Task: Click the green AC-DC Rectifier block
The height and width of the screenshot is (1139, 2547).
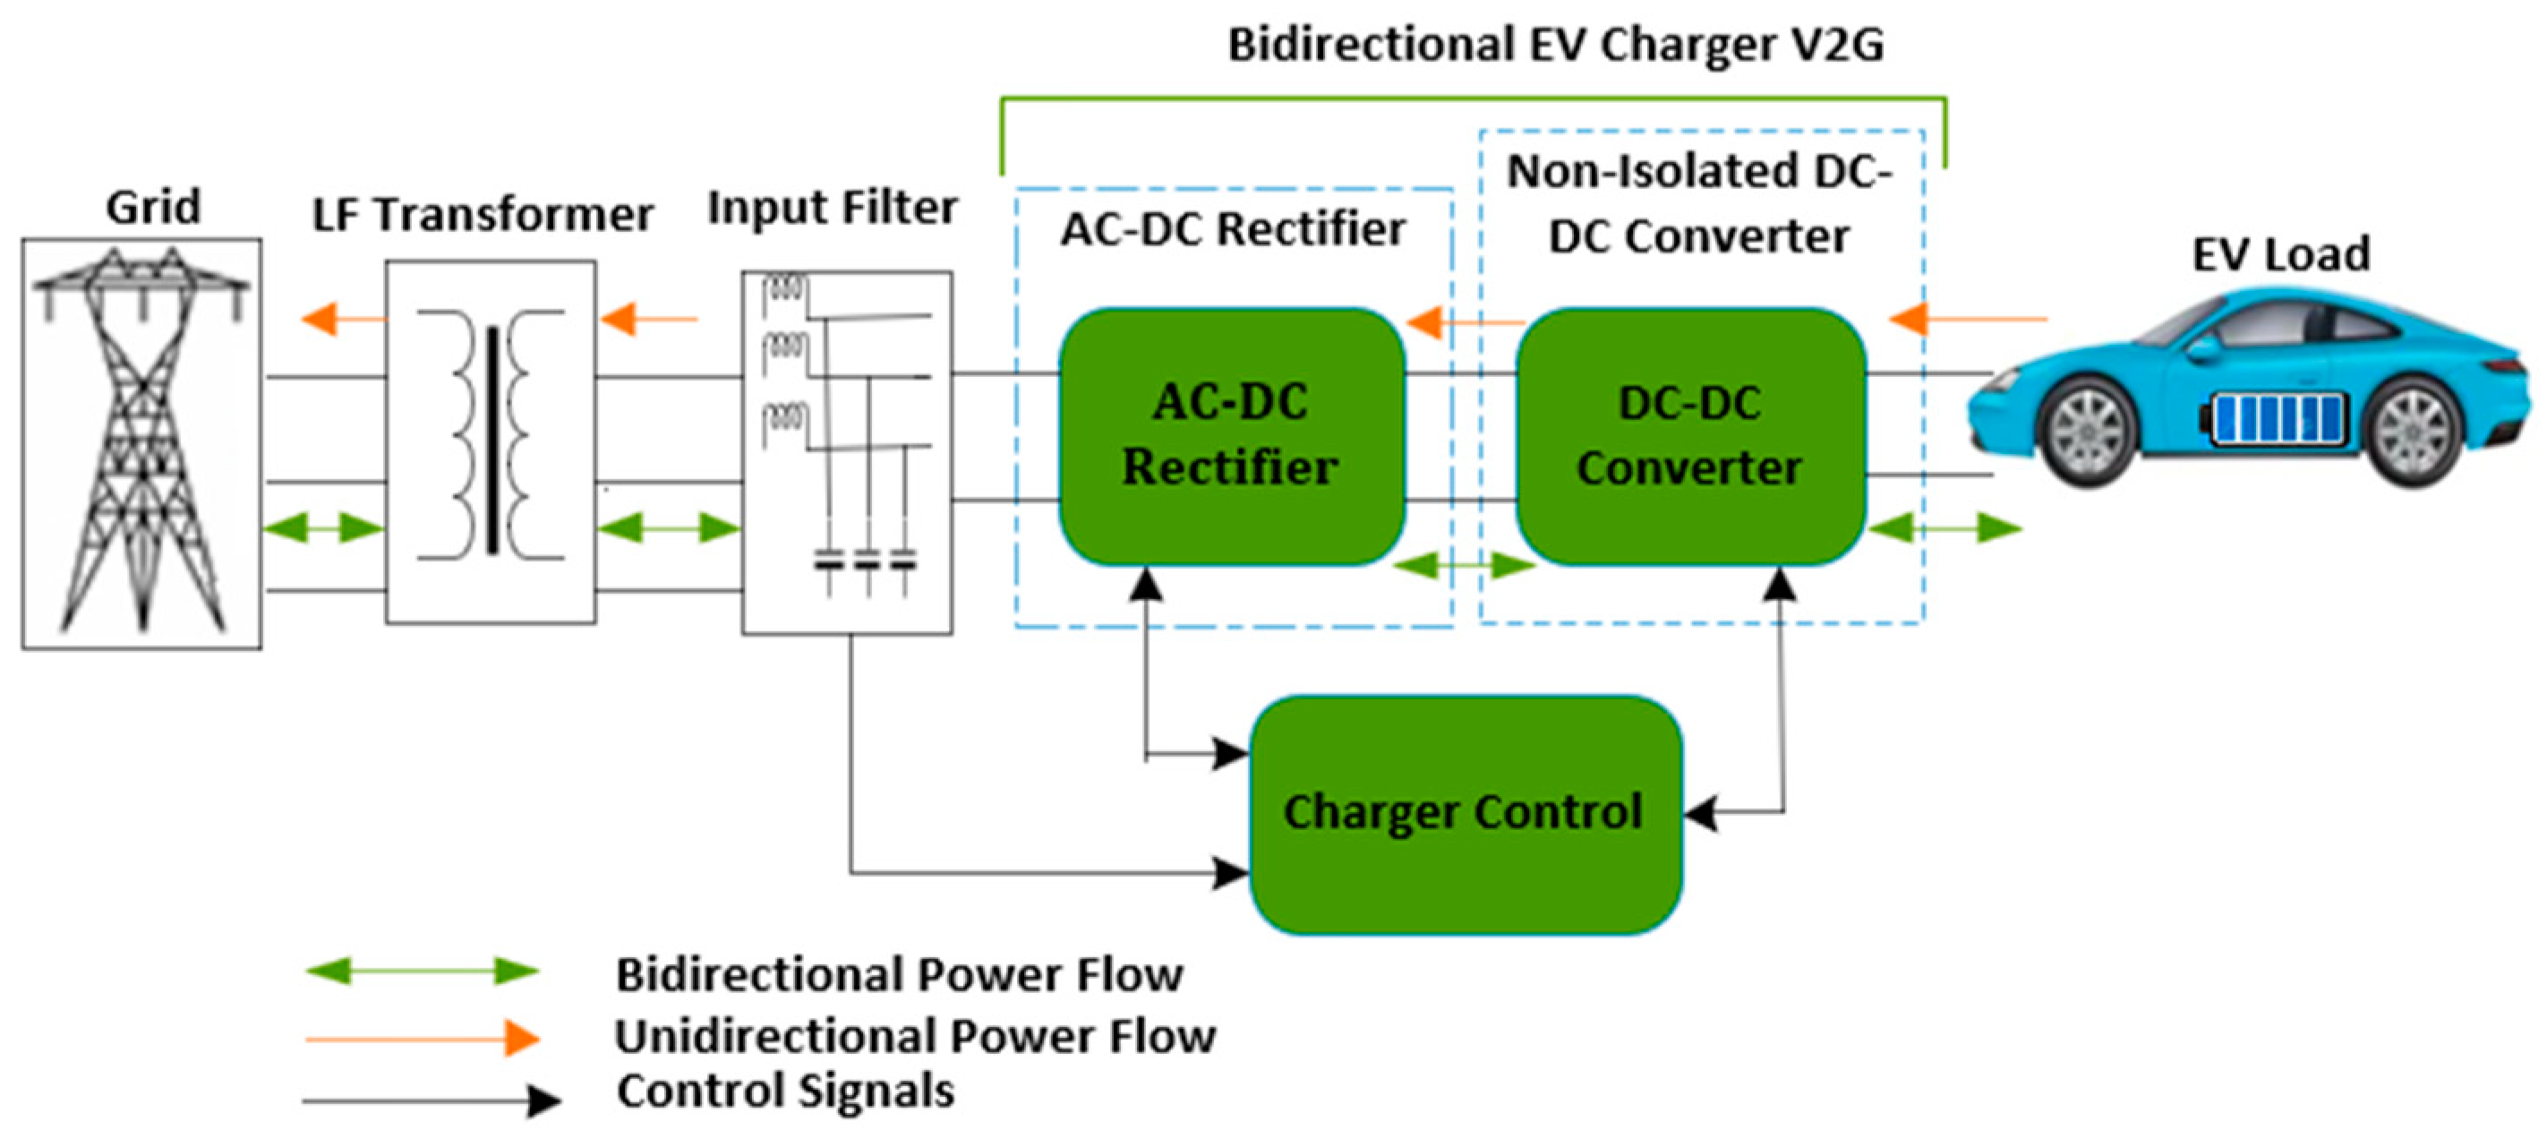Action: click(1231, 436)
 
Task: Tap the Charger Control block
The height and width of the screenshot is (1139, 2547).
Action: click(1465, 814)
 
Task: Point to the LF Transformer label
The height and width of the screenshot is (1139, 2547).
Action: click(483, 215)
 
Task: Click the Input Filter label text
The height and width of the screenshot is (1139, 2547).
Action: click(833, 208)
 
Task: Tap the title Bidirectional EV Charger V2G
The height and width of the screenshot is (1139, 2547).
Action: click(1555, 46)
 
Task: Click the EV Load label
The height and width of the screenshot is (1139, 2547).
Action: click(2280, 254)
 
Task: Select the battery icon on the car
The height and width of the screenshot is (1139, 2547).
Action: click(2275, 418)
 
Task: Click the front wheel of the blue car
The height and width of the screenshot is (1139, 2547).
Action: click(2089, 433)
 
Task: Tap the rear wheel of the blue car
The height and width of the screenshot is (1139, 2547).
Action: click(2414, 432)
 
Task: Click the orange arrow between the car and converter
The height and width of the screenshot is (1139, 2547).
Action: click(1967, 320)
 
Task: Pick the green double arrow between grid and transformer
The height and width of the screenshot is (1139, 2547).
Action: click(322, 528)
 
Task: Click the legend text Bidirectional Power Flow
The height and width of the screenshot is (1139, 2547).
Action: click(899, 975)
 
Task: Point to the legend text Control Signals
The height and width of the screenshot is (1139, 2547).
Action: click(786, 1092)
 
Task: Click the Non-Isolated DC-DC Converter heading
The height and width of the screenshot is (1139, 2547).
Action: click(1697, 202)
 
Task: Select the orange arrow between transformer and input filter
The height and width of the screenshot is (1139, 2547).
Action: click(649, 320)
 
